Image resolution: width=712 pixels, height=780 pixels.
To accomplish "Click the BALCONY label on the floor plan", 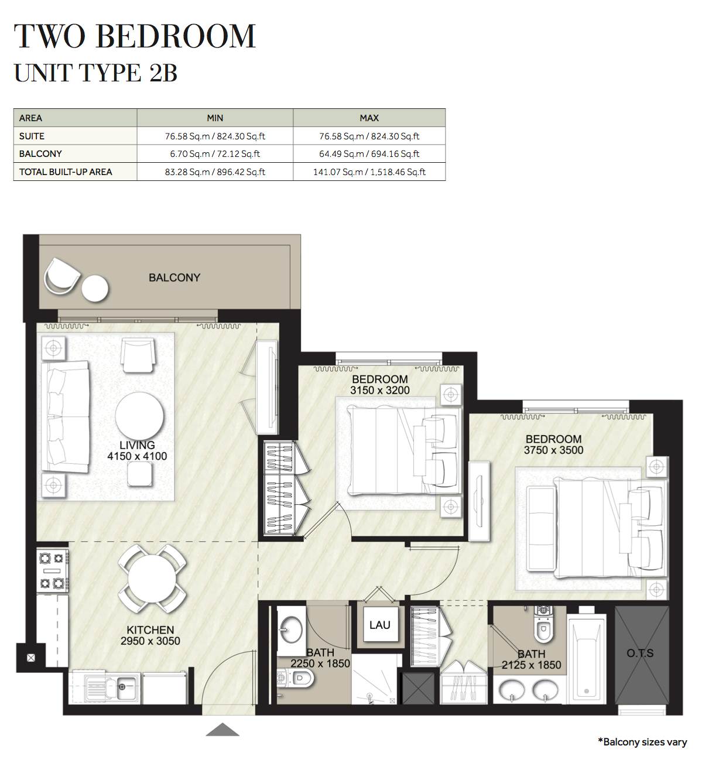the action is click(174, 278).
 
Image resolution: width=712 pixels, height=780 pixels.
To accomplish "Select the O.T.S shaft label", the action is click(640, 653).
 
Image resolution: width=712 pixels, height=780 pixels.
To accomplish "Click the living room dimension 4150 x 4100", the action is click(137, 456).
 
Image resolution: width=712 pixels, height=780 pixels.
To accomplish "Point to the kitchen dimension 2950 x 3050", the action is click(150, 641).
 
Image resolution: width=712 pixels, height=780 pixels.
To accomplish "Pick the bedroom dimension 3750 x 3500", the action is click(553, 450).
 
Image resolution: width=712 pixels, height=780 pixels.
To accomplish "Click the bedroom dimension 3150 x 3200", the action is click(380, 390).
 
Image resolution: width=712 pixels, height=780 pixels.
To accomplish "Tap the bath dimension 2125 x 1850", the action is click(531, 665).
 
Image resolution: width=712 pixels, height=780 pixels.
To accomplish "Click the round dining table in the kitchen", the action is click(152, 579).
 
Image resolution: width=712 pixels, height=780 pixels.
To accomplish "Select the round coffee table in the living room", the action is click(139, 416).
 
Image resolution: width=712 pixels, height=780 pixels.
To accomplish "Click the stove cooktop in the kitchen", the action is click(53, 571).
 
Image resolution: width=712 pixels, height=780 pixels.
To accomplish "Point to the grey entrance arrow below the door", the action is click(222, 730).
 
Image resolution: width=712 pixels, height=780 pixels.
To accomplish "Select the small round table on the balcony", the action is click(95, 289).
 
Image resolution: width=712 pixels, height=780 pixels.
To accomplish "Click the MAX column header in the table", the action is click(369, 118).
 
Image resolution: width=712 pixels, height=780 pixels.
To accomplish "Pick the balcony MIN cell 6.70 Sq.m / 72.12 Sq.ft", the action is click(215, 154).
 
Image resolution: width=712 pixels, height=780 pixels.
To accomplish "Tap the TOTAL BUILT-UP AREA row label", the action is click(66, 172).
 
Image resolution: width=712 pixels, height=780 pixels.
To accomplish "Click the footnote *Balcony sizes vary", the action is click(642, 743).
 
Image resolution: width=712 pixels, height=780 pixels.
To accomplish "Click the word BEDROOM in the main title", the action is click(176, 36).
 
